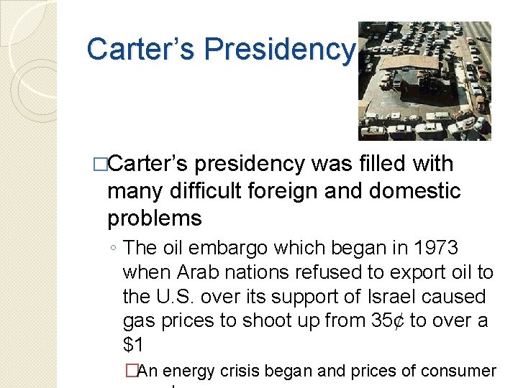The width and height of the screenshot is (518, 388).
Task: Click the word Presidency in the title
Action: (x=280, y=50)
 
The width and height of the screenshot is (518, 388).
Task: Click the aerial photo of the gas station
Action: (x=424, y=80)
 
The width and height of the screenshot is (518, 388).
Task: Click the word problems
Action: (x=154, y=218)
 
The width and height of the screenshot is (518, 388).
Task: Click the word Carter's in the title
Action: (x=141, y=50)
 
